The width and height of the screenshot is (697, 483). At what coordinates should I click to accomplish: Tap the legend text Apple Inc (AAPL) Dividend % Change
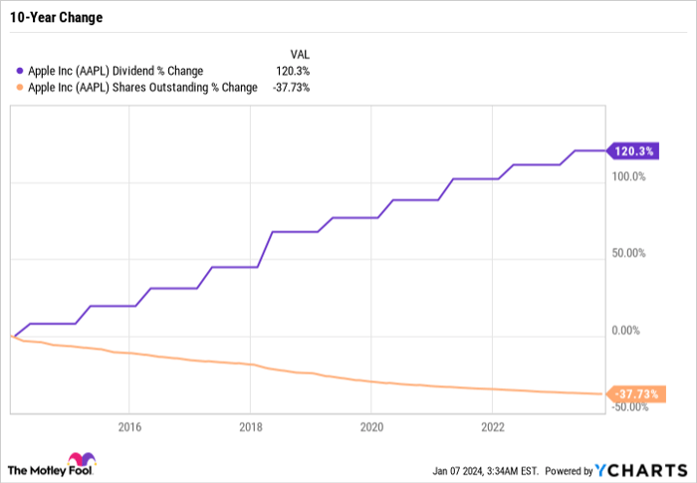(x=116, y=71)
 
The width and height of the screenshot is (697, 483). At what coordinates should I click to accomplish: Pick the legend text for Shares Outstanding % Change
(x=142, y=87)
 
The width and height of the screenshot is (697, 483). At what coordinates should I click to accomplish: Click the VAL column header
(x=298, y=54)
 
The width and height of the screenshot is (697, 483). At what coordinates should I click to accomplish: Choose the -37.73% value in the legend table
(x=290, y=87)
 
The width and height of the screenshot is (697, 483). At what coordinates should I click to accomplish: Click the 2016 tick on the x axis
(x=128, y=427)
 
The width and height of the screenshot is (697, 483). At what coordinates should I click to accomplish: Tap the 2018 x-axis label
(x=250, y=427)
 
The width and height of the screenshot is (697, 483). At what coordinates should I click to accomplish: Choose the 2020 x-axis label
(x=370, y=427)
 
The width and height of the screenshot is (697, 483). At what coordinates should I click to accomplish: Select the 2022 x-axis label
(x=492, y=427)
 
